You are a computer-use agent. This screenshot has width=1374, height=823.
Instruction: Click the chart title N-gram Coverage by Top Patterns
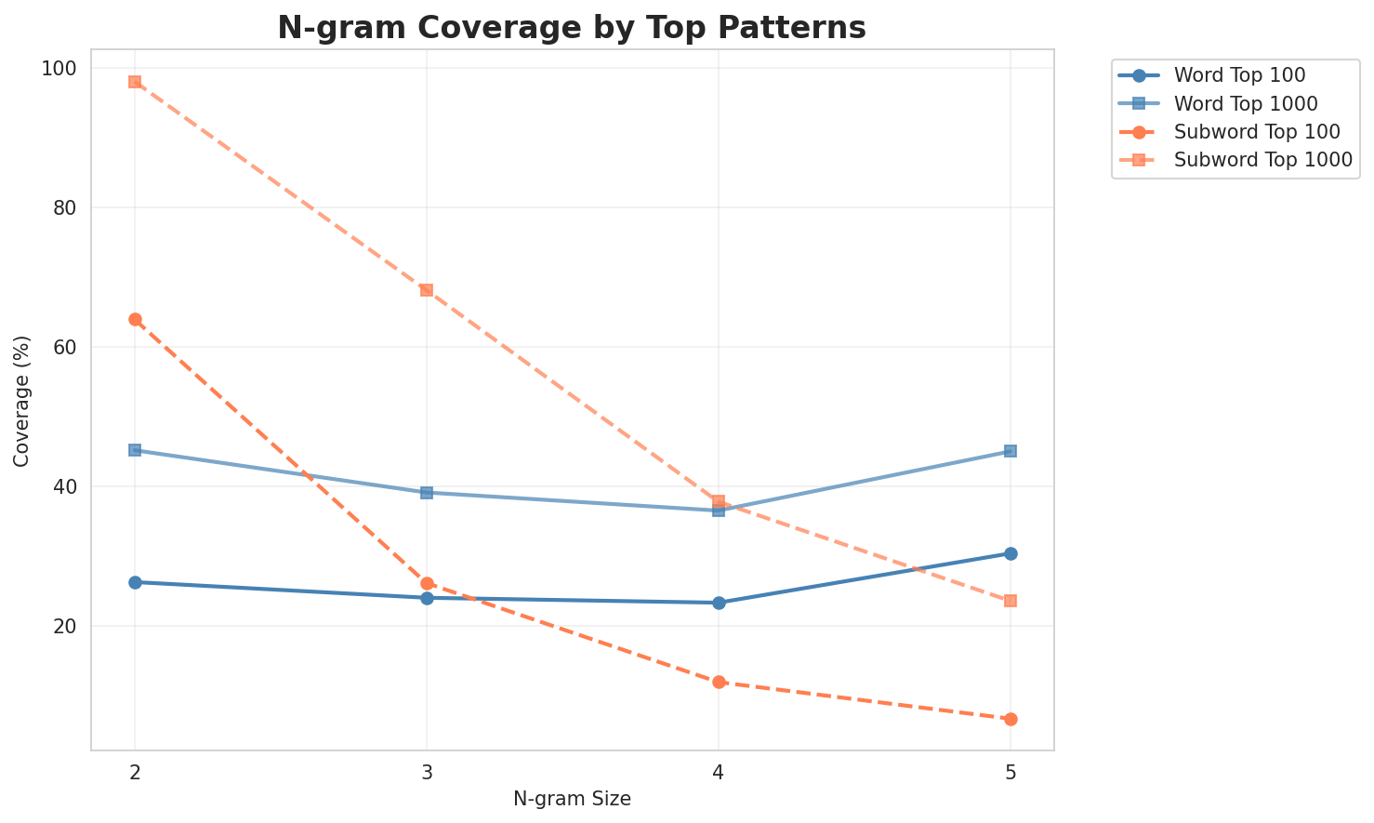coord(572,28)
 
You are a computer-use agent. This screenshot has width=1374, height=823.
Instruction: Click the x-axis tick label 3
coord(427,772)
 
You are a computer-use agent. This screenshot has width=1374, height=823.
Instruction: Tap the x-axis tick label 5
coord(1011,772)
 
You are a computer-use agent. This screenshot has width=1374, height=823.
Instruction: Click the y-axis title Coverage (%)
coord(21,400)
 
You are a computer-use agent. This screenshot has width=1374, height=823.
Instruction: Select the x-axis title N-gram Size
coord(572,799)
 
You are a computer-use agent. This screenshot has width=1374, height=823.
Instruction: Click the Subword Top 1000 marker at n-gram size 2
coord(135,82)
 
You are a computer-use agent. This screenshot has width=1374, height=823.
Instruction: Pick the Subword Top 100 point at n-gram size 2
coord(135,320)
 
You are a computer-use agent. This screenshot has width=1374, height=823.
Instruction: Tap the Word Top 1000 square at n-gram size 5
coord(1011,451)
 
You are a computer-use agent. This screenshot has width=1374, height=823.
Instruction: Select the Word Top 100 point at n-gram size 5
coord(1011,553)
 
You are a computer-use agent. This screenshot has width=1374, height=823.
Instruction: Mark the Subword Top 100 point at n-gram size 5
coord(1011,719)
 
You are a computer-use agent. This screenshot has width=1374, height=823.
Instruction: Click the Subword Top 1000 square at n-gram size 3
coord(427,290)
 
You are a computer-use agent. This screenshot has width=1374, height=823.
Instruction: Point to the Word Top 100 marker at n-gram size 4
coord(719,603)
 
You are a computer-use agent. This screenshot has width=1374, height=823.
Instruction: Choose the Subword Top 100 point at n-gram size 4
coord(719,682)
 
